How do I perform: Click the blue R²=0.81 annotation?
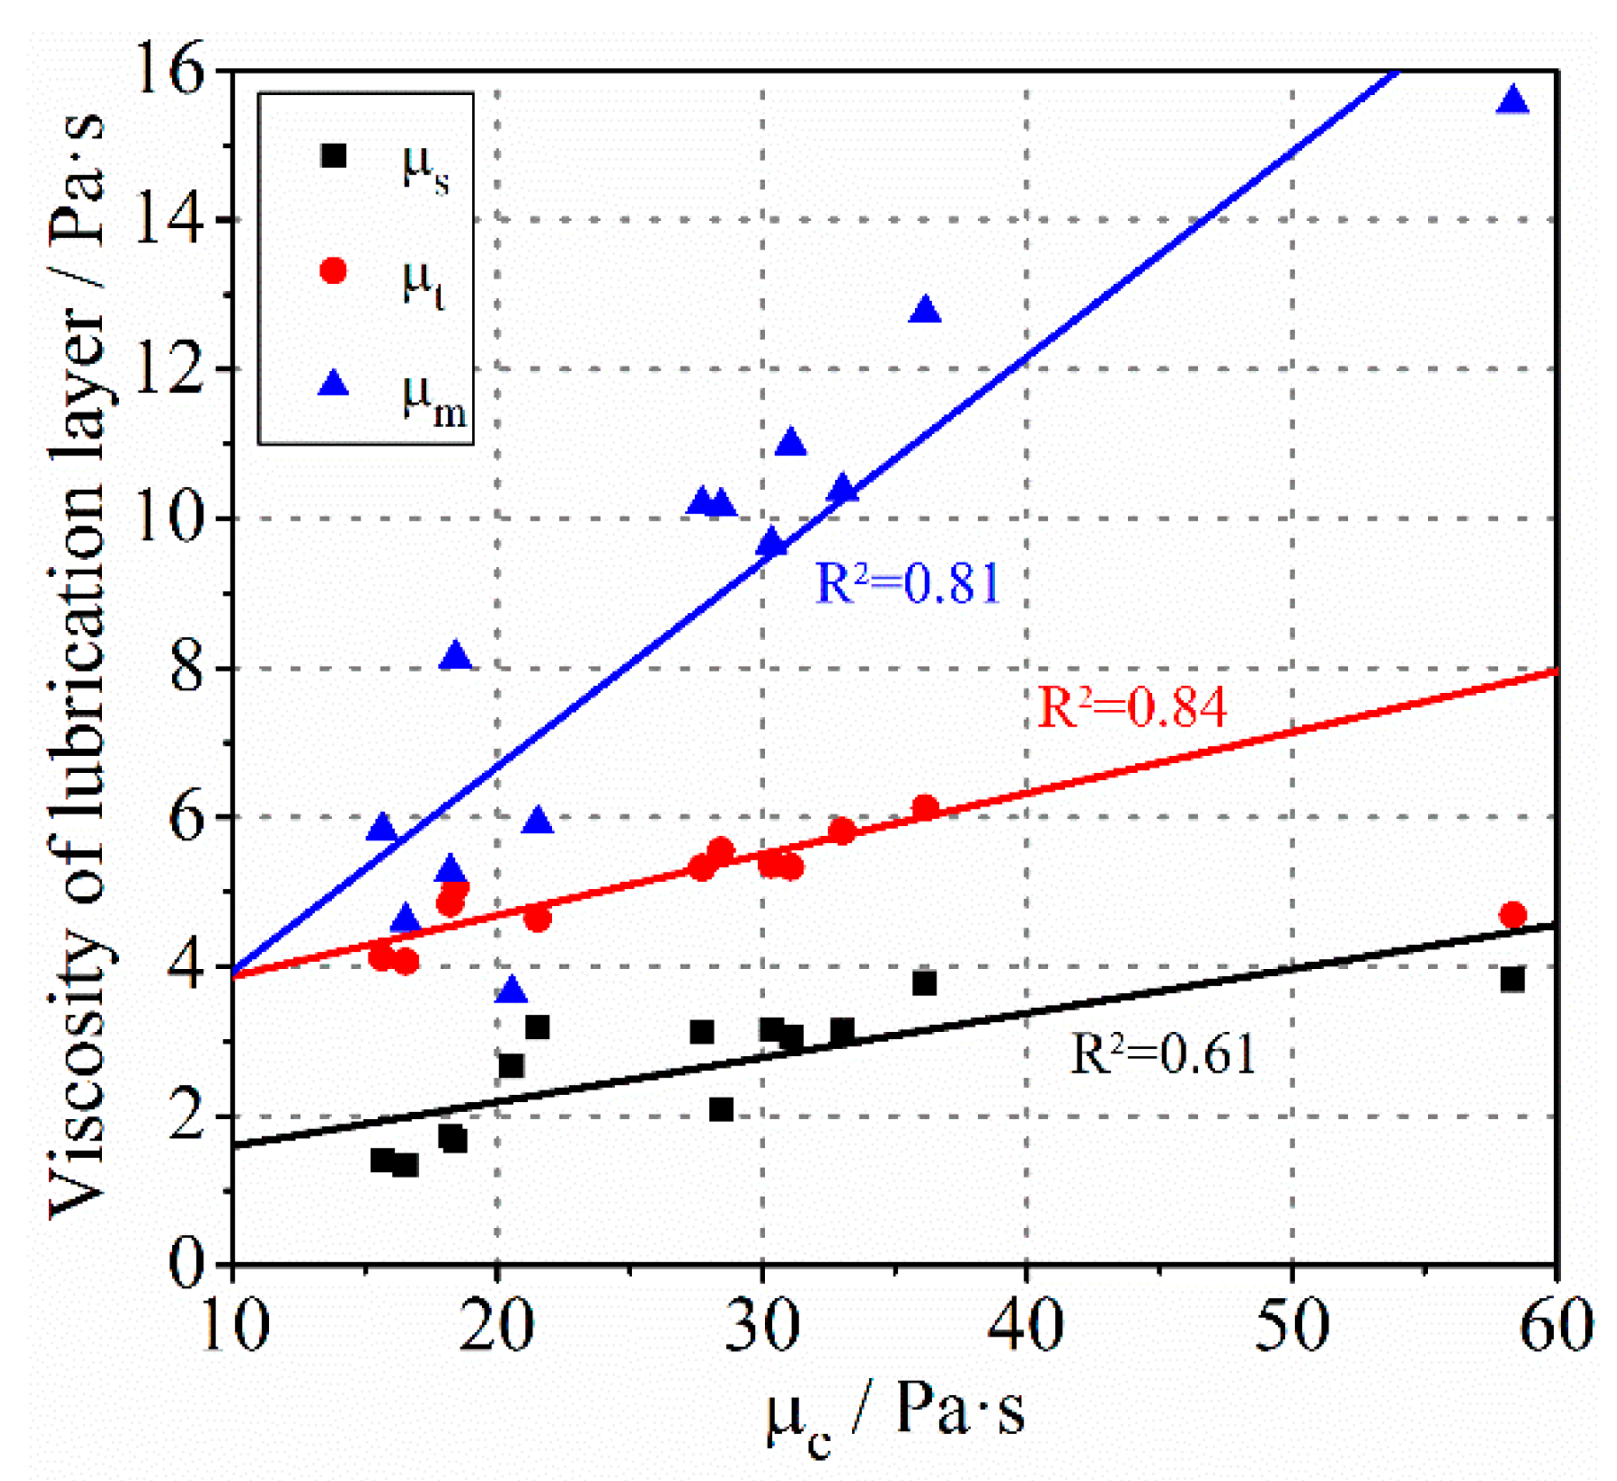click(907, 583)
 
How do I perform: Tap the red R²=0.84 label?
click(1132, 707)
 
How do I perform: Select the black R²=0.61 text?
click(1163, 1053)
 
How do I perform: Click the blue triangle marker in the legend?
click(334, 382)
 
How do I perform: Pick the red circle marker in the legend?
click(334, 270)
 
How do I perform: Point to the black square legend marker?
click(334, 156)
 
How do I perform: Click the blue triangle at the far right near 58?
click(1512, 100)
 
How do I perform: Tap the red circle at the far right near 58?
click(1512, 914)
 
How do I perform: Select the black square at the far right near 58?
click(1512, 980)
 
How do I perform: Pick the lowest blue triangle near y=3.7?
click(511, 989)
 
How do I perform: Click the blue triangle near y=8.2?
click(455, 656)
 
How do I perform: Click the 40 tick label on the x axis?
click(1026, 1326)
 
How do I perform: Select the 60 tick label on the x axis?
click(1555, 1326)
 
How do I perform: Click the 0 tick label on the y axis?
click(186, 1264)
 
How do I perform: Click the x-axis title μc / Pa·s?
click(895, 1411)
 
